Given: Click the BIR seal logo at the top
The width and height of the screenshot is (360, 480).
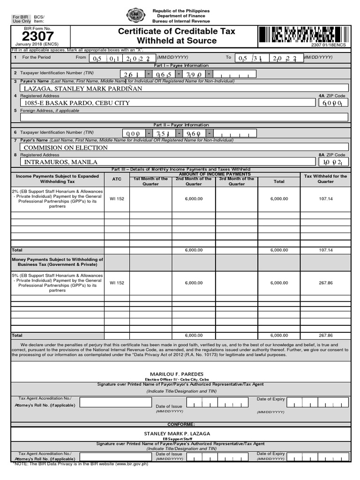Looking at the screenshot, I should point(136,15).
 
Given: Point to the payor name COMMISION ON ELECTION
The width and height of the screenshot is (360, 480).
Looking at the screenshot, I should point(66,148).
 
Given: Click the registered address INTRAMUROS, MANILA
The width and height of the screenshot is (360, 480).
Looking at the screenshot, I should point(61,162).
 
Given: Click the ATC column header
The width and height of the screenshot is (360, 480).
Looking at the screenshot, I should point(117,179).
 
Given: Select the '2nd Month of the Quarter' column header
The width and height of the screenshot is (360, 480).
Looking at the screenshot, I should point(194,181).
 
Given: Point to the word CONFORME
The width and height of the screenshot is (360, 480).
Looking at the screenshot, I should point(180,424).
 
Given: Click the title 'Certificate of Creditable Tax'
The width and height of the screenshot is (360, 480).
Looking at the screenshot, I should point(177,31).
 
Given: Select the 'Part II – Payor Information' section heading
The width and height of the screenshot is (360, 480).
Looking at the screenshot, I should point(181,125).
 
